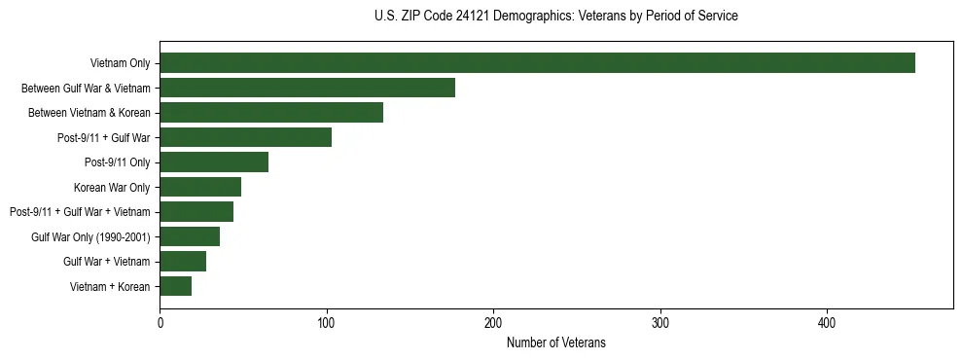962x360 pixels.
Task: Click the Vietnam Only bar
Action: tap(537, 63)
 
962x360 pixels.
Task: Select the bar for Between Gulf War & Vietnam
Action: tap(307, 88)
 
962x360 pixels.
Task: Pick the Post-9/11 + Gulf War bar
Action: tap(245, 137)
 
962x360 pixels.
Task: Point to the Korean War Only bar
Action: tap(200, 187)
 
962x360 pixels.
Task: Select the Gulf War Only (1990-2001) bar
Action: tap(190, 236)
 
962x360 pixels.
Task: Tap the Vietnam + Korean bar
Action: tap(175, 286)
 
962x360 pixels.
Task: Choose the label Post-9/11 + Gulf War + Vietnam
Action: tap(80, 212)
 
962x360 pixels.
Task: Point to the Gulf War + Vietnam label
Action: tap(107, 262)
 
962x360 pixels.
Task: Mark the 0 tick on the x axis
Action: tap(160, 321)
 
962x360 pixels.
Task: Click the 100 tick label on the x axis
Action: tap(327, 321)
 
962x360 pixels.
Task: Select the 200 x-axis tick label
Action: tap(493, 321)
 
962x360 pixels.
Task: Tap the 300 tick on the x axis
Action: tap(660, 321)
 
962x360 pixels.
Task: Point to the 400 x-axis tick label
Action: tap(827, 321)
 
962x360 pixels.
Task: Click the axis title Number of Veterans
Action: tap(555, 342)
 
